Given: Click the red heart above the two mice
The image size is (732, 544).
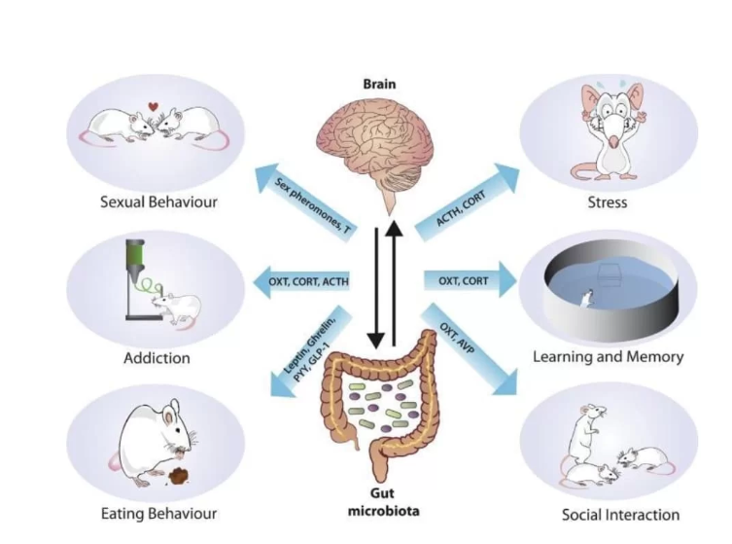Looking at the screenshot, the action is point(154,106).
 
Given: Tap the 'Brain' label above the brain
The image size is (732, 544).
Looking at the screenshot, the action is point(379,84).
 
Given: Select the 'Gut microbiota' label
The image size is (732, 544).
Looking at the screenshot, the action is point(383,502).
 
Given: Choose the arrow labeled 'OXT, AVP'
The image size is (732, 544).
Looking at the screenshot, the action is point(469,348).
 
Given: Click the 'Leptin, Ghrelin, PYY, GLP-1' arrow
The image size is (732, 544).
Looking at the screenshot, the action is point(311,351).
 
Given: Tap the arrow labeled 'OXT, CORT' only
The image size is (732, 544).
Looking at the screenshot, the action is point(471,280).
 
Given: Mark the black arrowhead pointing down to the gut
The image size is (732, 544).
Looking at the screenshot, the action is point(376,341).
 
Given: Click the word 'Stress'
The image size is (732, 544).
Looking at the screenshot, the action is point(607,202).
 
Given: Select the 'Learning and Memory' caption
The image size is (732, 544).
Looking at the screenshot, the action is point(608,357).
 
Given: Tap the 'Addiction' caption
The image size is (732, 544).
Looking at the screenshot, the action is point(157,358).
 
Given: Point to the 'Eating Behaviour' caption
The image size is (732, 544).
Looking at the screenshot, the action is point(158,514).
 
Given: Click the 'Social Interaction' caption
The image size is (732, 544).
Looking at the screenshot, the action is point(620,515).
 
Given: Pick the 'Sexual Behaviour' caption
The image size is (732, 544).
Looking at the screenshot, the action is point(158,201).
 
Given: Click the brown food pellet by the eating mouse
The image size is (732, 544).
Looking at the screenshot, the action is point(179,476).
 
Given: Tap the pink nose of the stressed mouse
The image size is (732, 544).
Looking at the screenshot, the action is point(614,141).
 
